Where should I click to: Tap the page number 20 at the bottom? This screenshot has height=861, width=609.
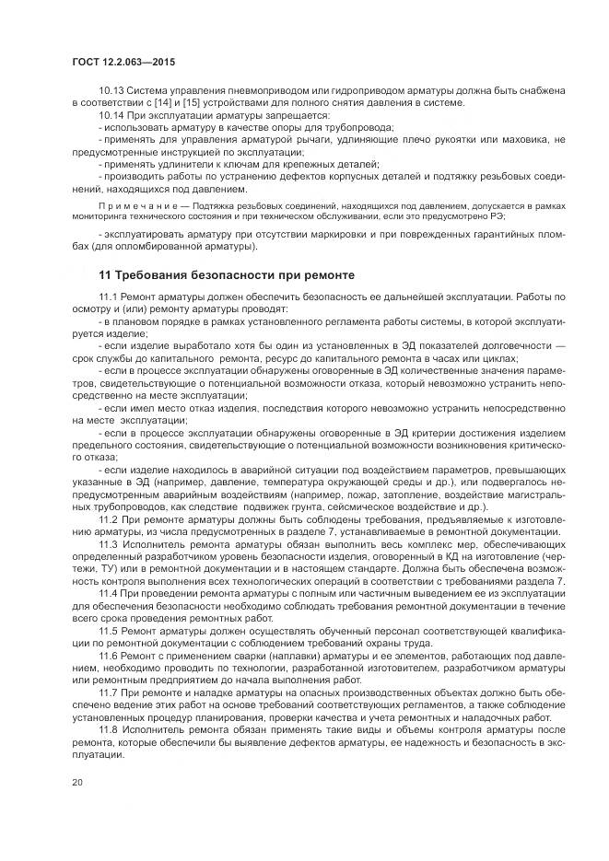(x=76, y=783)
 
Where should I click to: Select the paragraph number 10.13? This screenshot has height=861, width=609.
(x=110, y=90)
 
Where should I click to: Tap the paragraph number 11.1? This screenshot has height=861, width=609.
(x=107, y=298)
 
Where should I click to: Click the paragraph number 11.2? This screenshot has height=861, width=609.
(x=107, y=520)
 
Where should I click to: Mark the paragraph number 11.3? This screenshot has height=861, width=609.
(x=107, y=544)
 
